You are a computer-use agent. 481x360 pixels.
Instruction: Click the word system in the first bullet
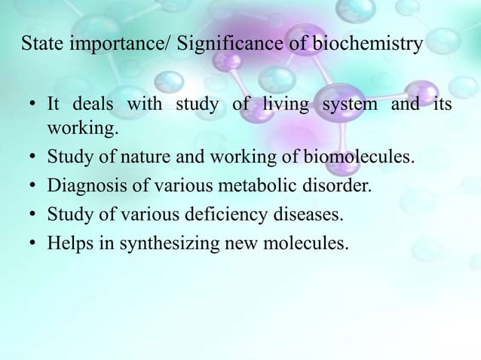click(x=350, y=104)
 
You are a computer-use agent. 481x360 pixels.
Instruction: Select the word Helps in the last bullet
click(x=67, y=244)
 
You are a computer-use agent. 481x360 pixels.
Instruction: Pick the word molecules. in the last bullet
click(x=309, y=244)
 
